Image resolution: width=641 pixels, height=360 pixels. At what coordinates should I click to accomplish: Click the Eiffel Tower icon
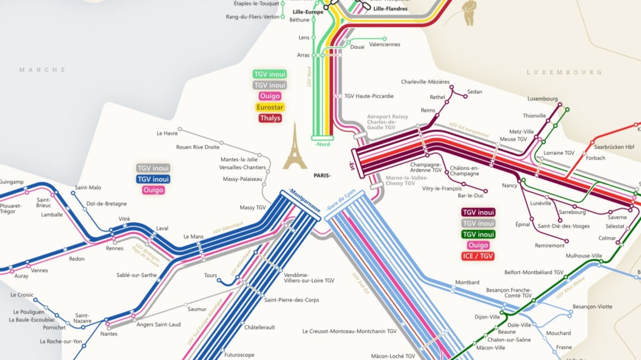(295, 146)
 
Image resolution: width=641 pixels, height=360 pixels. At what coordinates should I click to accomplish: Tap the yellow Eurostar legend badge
(270, 107)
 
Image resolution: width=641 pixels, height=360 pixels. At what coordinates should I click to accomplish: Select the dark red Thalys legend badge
(270, 118)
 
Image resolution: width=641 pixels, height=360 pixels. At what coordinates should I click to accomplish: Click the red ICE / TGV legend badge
(478, 256)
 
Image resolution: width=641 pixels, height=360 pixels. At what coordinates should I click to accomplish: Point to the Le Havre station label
(167, 133)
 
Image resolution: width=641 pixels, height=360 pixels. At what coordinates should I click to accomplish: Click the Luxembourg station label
(542, 99)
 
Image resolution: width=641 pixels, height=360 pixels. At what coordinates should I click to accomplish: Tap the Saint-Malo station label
(88, 187)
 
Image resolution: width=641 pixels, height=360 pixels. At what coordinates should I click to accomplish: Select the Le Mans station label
(194, 236)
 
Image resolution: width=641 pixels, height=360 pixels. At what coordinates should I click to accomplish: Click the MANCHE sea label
(42, 70)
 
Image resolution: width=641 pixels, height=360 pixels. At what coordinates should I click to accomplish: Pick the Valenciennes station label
(385, 44)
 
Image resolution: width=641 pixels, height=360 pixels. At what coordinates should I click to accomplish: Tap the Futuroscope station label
(239, 355)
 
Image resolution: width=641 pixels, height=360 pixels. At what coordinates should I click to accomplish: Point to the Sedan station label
(474, 92)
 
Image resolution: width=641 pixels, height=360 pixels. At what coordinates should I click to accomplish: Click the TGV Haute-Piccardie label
(369, 96)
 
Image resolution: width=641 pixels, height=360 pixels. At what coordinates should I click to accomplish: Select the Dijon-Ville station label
(487, 317)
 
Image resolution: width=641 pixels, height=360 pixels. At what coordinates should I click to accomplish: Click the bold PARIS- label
(322, 175)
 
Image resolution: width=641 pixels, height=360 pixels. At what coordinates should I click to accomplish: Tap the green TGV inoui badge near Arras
(270, 74)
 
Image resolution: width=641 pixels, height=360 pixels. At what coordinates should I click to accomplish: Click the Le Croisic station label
(22, 294)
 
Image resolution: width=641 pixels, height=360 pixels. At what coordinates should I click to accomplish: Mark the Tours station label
(210, 276)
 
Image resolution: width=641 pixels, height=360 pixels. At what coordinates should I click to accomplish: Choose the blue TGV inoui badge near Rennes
(153, 179)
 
